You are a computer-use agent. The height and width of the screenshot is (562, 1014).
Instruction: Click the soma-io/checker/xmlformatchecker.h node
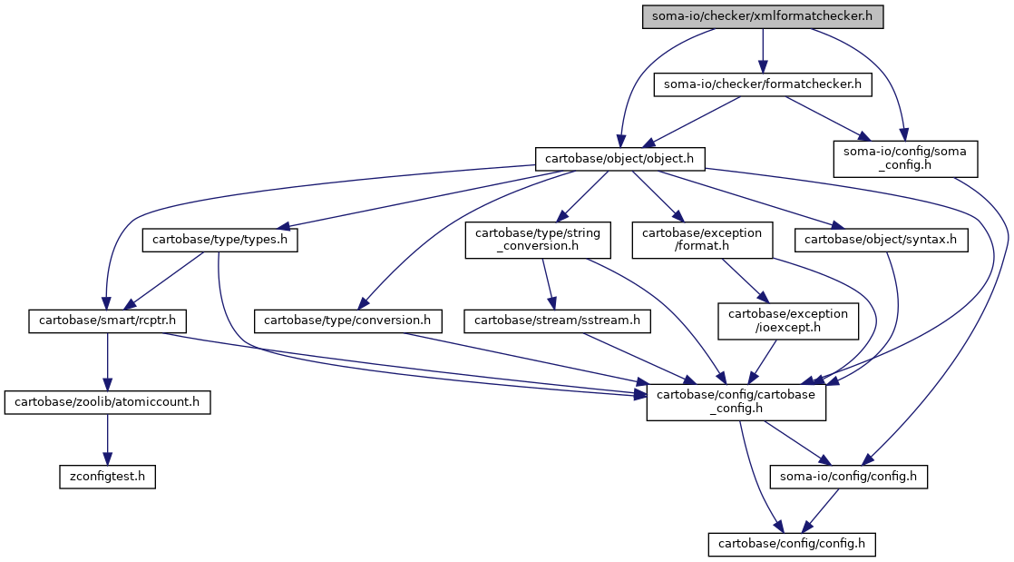(x=763, y=16)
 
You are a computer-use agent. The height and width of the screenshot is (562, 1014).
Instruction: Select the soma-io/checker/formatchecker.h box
(x=763, y=84)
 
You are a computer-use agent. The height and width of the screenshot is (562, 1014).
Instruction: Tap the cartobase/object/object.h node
(x=619, y=159)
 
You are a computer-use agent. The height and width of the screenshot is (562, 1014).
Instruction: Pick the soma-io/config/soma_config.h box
(x=905, y=159)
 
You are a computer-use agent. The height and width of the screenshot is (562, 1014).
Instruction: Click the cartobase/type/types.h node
(x=219, y=241)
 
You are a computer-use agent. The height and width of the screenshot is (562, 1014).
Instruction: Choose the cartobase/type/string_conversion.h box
(x=538, y=241)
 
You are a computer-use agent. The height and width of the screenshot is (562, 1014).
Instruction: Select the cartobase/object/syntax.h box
(x=881, y=241)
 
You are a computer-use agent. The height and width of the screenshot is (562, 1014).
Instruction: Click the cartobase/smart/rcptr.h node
(x=107, y=321)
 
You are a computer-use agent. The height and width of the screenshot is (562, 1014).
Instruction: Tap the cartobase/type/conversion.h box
(x=348, y=321)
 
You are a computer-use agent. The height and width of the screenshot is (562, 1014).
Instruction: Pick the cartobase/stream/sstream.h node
(x=558, y=321)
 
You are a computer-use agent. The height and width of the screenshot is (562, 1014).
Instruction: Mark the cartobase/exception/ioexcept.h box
(x=788, y=321)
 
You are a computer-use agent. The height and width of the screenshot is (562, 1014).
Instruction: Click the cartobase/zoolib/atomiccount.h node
(x=107, y=402)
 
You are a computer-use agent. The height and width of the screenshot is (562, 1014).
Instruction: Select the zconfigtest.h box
(x=107, y=477)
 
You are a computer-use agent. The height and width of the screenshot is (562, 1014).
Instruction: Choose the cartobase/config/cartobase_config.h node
(x=736, y=402)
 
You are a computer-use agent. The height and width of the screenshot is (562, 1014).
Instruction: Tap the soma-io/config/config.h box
(x=848, y=477)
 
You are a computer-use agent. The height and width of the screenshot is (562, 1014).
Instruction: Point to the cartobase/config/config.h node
(x=792, y=544)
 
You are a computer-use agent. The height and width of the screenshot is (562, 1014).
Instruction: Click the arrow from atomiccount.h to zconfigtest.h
(x=107, y=439)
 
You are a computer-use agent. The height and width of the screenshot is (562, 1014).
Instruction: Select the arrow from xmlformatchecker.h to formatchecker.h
(x=763, y=51)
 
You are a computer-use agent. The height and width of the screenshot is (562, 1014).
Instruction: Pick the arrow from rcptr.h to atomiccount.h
(x=107, y=362)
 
